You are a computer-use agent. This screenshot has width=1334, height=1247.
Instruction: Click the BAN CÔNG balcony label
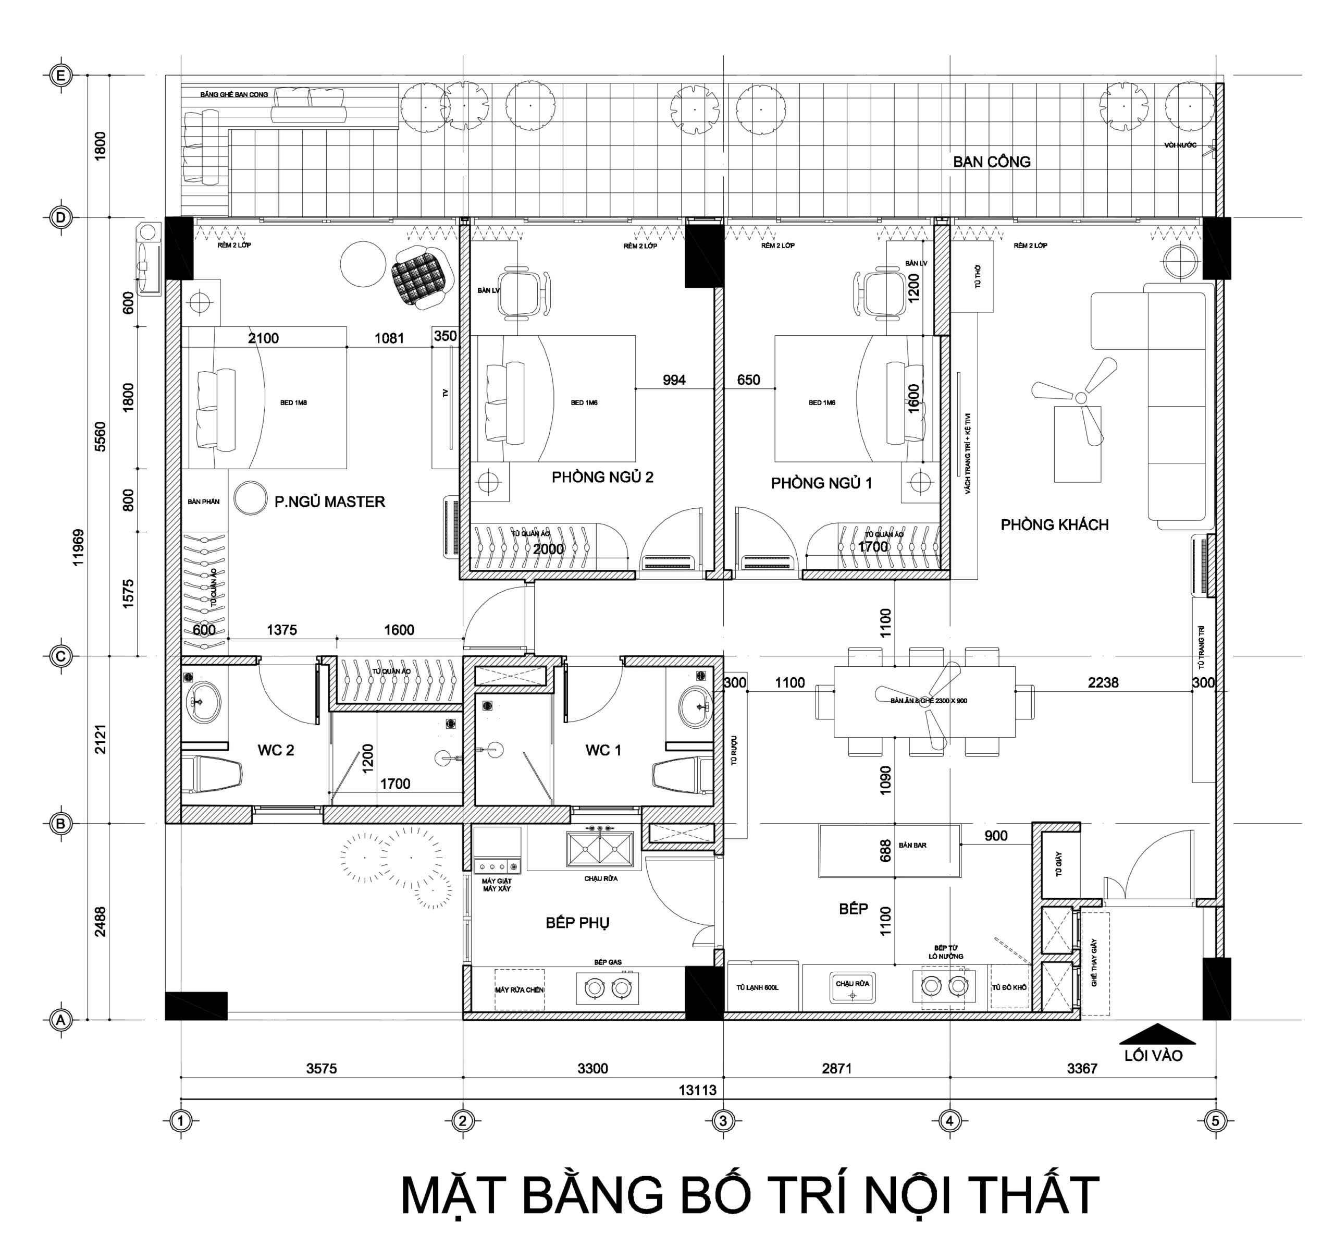click(991, 162)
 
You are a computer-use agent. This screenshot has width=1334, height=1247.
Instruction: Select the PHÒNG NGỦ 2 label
click(602, 477)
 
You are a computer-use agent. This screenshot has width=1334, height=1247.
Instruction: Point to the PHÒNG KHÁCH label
click(1054, 525)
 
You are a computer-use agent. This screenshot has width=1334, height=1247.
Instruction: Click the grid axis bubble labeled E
click(61, 76)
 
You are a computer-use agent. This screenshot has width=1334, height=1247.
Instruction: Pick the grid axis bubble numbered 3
click(723, 1120)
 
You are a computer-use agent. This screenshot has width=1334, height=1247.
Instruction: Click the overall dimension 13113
click(697, 1091)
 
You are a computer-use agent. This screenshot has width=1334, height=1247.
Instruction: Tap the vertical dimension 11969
click(79, 547)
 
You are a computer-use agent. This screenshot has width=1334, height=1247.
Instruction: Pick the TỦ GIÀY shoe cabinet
click(1058, 865)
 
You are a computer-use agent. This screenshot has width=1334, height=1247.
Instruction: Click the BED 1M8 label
click(293, 402)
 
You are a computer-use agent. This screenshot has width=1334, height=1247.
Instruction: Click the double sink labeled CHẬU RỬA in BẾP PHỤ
click(599, 849)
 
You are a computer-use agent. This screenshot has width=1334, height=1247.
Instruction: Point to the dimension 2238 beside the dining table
click(1103, 682)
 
